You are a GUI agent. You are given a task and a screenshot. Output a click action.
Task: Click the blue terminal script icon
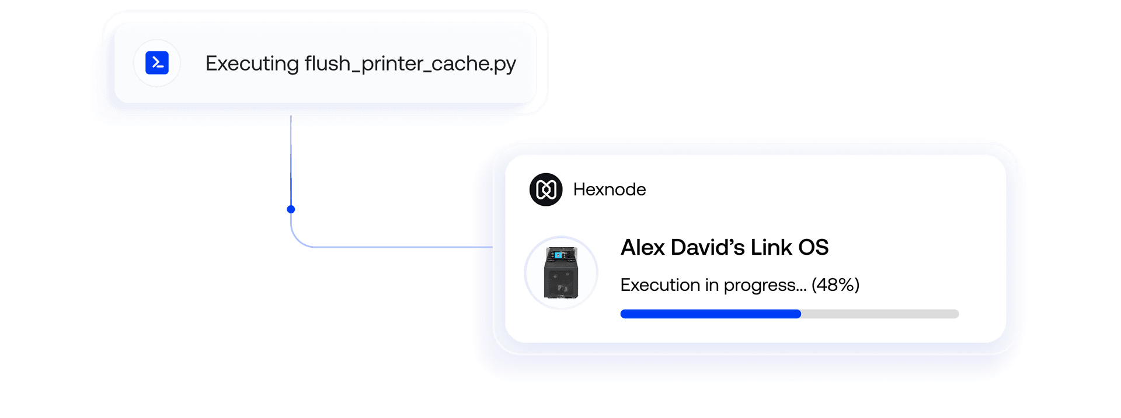tap(157, 63)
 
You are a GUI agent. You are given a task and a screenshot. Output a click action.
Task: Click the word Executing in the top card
tap(252, 64)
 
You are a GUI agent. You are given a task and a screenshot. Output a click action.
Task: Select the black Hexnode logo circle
tap(546, 189)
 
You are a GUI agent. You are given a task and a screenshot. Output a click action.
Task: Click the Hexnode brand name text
tap(610, 189)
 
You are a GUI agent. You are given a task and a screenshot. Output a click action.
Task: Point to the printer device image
tap(561, 272)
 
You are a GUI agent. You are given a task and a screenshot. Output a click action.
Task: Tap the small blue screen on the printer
tap(558, 255)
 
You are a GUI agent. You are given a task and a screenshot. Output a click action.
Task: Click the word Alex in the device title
tap(643, 247)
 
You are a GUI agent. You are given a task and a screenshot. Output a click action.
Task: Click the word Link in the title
tap(771, 247)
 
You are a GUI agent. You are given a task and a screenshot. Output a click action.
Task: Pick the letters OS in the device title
tap(813, 247)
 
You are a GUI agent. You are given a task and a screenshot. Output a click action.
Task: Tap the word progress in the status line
tap(765, 286)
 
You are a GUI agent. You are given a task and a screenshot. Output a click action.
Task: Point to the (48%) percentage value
tap(835, 285)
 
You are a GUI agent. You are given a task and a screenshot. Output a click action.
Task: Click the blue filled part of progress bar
tap(711, 314)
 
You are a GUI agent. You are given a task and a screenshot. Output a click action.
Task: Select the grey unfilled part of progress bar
tap(880, 314)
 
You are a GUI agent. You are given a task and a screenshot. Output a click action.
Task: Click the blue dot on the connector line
tap(291, 209)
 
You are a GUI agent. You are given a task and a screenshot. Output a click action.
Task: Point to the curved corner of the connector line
tap(298, 240)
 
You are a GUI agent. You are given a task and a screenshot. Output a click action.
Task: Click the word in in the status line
tap(712, 284)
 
